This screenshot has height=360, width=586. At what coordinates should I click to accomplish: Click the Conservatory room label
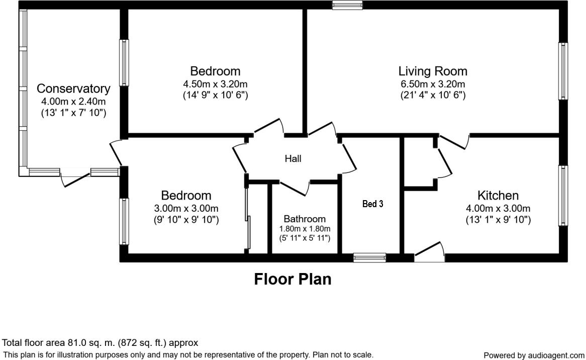pos(73,89)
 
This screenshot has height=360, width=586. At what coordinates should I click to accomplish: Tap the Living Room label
pos(433,71)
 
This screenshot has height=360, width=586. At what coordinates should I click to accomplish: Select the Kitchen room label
pos(498,195)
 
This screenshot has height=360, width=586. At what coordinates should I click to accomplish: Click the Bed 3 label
pos(373,204)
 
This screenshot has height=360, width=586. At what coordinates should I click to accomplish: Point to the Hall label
pos(293,159)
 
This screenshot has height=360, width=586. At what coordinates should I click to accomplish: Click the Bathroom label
pos(305,219)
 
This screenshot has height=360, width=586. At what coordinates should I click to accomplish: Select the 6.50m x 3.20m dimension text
pos(433,84)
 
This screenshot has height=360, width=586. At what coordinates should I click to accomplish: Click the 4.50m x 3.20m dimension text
pos(215,84)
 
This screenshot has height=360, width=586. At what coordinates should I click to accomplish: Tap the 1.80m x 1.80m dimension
pos(305,228)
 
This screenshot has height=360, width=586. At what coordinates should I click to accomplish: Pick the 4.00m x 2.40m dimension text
pos(73,102)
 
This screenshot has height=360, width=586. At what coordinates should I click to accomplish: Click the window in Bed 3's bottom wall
pos(369,257)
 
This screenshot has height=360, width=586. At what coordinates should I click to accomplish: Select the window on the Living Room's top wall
pos(347,5)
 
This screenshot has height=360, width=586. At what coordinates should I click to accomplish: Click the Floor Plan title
pos(292,279)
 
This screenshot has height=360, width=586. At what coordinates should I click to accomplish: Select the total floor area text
pos(101,343)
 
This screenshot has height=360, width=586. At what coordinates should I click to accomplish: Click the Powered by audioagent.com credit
pos(534,355)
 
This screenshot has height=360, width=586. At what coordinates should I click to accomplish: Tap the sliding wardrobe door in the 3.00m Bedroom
pos(247,219)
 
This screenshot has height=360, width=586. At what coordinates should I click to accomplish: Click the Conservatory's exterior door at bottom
pos(75,179)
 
